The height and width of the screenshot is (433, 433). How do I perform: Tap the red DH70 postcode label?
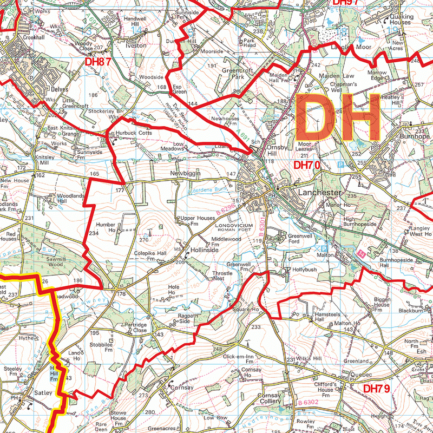(307, 165)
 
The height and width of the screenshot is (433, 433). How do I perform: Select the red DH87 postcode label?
(98, 62)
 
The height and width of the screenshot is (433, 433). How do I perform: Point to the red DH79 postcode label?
(376, 389)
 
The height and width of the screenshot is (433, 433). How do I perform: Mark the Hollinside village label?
(204, 251)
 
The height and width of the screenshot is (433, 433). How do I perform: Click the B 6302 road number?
(307, 403)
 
